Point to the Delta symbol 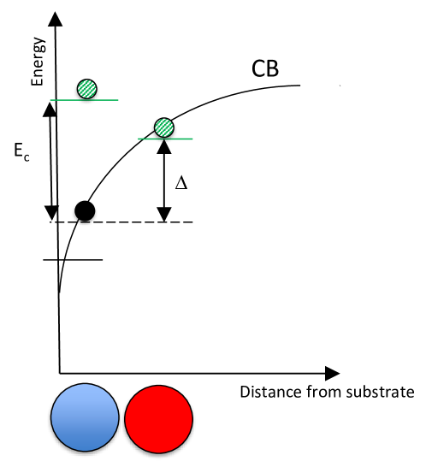tap(180, 182)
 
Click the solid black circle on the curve tap(84, 210)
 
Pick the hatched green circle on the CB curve tap(163, 127)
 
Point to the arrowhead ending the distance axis tap(332, 373)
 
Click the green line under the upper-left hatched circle tap(84, 100)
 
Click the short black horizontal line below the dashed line tap(73, 258)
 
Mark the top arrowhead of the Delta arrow tap(163, 145)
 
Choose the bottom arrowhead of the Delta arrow tap(163, 216)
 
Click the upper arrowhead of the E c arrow tap(47, 106)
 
